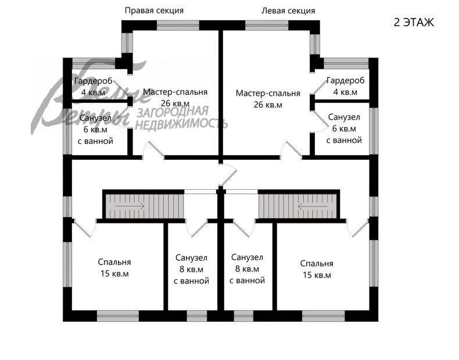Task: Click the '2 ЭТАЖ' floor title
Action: [414, 22]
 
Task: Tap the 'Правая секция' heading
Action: [155, 11]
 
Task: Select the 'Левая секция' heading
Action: [288, 11]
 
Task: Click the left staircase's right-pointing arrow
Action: [130, 206]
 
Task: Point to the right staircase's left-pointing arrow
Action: [313, 207]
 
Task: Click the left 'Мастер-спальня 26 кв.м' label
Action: [175, 98]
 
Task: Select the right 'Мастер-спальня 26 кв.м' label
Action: [268, 99]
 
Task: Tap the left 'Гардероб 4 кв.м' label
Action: [94, 87]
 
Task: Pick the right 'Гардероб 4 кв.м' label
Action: [346, 86]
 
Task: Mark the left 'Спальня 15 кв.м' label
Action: [114, 268]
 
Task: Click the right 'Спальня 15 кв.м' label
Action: [317, 269]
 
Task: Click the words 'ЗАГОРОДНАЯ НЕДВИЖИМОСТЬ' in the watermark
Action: [181, 118]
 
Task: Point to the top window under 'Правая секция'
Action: [178, 25]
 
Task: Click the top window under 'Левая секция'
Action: [267, 25]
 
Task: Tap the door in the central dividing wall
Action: [228, 175]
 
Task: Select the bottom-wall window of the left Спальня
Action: [118, 316]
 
